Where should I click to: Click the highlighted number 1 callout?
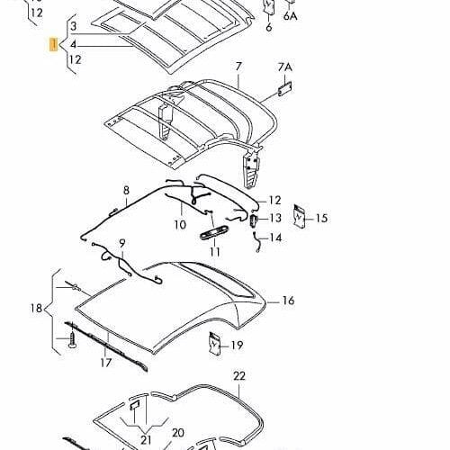(x=54, y=44)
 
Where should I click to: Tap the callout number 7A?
(x=284, y=67)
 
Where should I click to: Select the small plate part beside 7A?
(x=284, y=88)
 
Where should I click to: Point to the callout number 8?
(x=126, y=190)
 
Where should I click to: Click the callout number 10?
(x=180, y=224)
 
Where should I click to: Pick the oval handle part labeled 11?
(x=213, y=232)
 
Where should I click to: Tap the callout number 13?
(x=275, y=218)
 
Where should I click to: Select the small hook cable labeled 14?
(x=256, y=242)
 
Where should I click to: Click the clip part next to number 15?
(x=299, y=216)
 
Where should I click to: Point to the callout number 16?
(x=288, y=301)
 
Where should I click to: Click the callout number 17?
(x=106, y=363)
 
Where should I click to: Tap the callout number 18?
(x=36, y=308)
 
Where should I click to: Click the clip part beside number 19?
(x=215, y=343)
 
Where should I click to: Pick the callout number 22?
(x=239, y=376)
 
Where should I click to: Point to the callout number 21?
(x=146, y=440)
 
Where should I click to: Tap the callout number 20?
(x=178, y=433)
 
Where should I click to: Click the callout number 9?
(x=122, y=243)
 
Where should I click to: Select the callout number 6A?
(x=291, y=16)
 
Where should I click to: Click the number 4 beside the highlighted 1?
(x=74, y=45)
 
